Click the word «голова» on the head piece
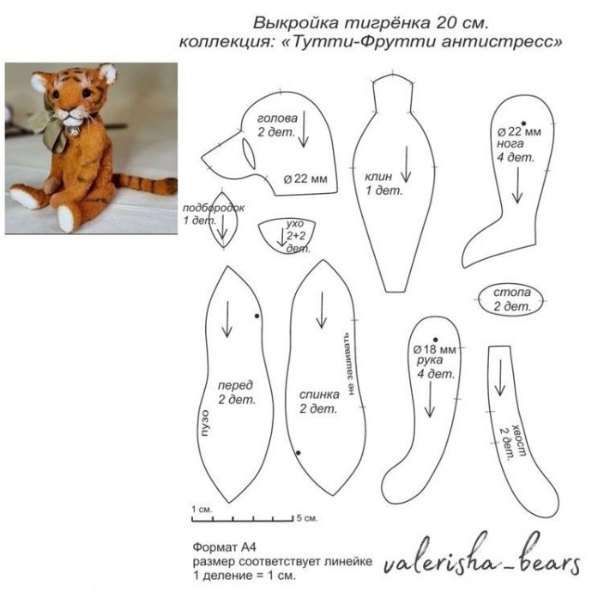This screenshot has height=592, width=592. pos(277,118)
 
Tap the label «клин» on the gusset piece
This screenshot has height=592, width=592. pos(378,177)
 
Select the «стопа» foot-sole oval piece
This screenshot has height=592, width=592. pos(511,300)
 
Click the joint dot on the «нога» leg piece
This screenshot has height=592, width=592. pos(523,124)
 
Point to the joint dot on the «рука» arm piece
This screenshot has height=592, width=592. pos(435,340)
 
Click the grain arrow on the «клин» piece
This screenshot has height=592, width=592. pos(406,165)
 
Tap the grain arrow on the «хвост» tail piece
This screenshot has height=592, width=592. pos(500,378)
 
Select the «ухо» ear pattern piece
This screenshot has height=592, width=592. pos(287,235)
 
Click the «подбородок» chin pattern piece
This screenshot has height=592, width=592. pos(223,220)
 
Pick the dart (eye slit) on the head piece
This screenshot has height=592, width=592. pos(249,154)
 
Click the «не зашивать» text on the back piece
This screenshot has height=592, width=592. pos(349,364)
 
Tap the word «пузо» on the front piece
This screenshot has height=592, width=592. pos(204,423)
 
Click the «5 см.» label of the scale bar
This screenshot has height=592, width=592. pos(307,518)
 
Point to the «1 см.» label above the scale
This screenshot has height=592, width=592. pos(202,510)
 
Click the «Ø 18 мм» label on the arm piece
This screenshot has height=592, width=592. pos(434,349)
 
